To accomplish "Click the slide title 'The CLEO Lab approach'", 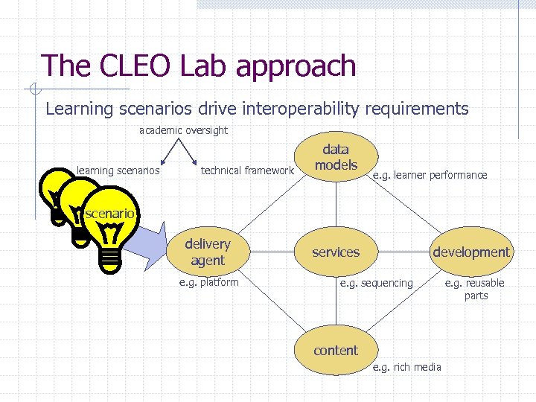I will pos(199,66).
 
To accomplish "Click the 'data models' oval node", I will pos(336,158).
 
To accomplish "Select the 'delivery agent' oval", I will pos(208,252).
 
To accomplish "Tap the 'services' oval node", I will pos(336,252).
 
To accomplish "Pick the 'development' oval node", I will pos(471,252).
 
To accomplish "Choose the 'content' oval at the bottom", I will pos(336,350).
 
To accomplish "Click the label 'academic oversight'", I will pos(183,131).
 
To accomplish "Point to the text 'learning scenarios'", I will pos(118,170).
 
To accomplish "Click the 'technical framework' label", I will pos(247,170).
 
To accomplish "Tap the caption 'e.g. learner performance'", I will pos(430,176).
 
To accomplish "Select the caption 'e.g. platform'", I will pos(209,282).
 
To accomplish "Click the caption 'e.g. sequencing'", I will pos(376,283).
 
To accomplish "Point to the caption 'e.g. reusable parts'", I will pos(475,289).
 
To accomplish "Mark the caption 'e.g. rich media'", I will pos(406,366).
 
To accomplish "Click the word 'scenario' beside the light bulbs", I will pos(109,214).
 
